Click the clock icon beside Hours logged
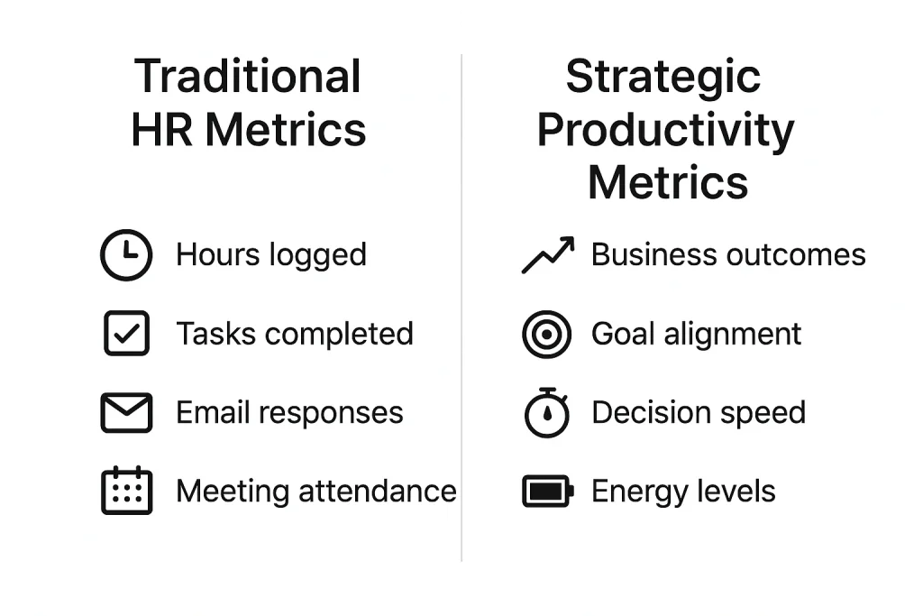pos(125,255)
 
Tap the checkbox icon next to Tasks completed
pos(126,334)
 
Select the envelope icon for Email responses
pos(125,413)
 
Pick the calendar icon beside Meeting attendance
pos(126,492)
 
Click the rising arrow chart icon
pos(548,255)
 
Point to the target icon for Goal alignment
pos(546,335)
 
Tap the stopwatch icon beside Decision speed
pos(546,413)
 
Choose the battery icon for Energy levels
pos(547,492)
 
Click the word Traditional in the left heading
pos(248,77)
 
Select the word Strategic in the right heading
pos(663,77)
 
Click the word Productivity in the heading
pos(666,130)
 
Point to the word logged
pos(321,256)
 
